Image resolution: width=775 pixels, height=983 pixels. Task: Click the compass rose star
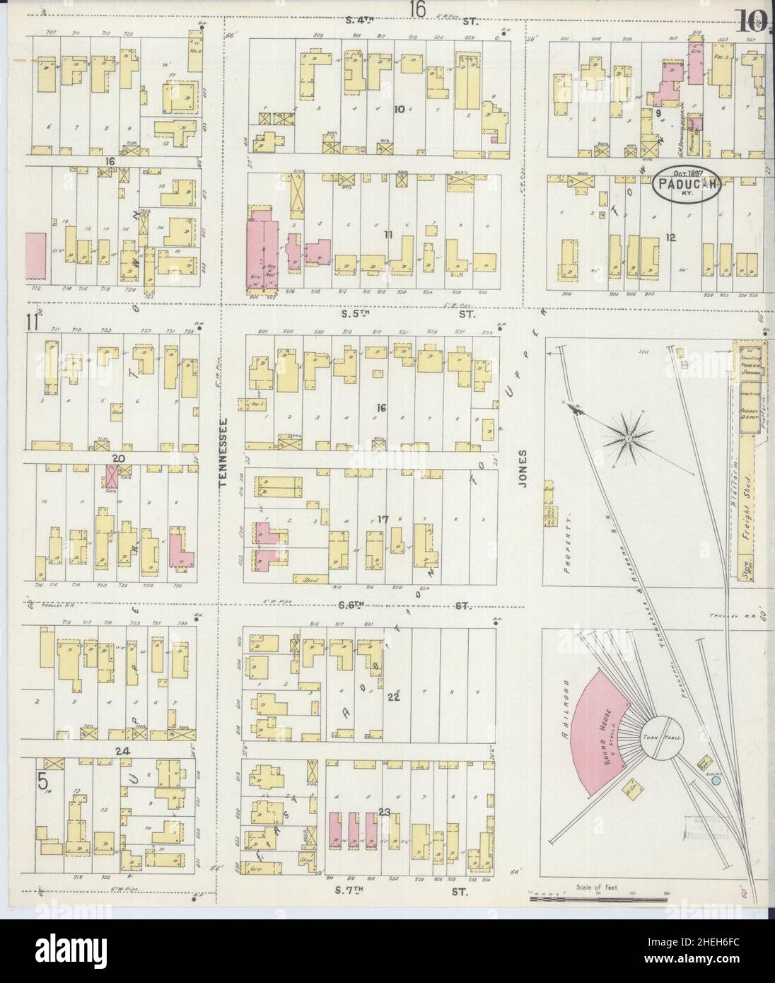coord(627,439)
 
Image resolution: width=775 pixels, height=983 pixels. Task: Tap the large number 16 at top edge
coord(417,9)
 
